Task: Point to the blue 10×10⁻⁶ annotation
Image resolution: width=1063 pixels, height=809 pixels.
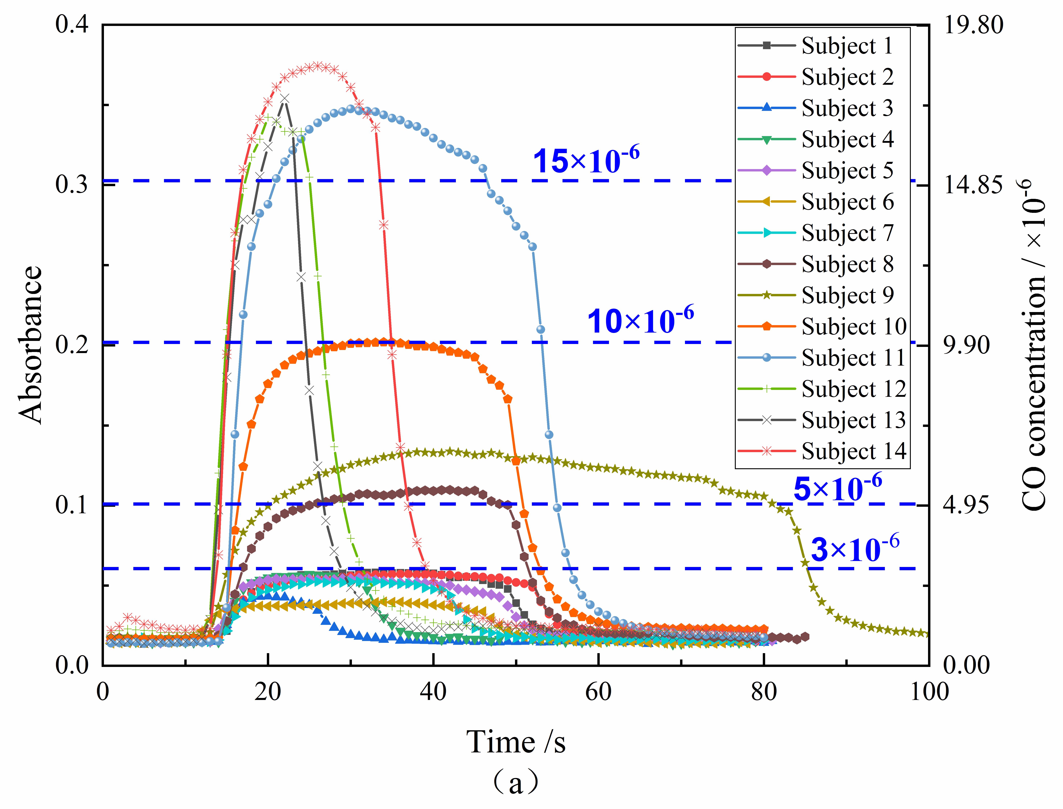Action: tap(640, 320)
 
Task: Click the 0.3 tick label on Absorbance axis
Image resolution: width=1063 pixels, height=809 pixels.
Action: tap(72, 185)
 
